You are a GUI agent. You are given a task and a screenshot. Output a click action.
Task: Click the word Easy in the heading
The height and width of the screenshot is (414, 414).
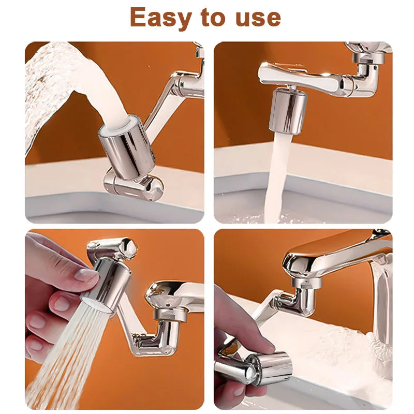point(160,18)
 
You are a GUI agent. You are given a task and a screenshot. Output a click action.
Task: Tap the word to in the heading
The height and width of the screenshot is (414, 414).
point(213,18)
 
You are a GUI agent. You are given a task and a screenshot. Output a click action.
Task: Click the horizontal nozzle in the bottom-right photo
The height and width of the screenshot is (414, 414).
point(268,368)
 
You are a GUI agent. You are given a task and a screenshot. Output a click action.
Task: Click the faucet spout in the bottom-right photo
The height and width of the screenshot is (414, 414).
point(331,254)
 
